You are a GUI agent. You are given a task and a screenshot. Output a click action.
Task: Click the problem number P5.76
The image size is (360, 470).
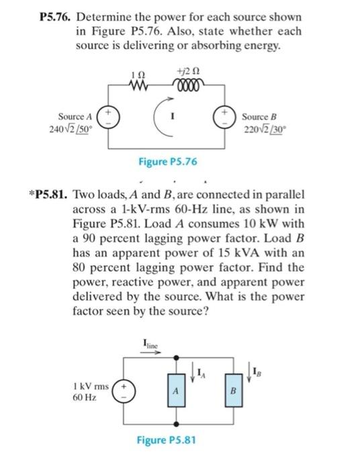click(x=55, y=15)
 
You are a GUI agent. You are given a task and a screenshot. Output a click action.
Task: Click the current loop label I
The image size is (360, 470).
click(x=174, y=115)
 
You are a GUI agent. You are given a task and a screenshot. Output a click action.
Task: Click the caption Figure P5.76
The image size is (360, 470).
click(x=168, y=161)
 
